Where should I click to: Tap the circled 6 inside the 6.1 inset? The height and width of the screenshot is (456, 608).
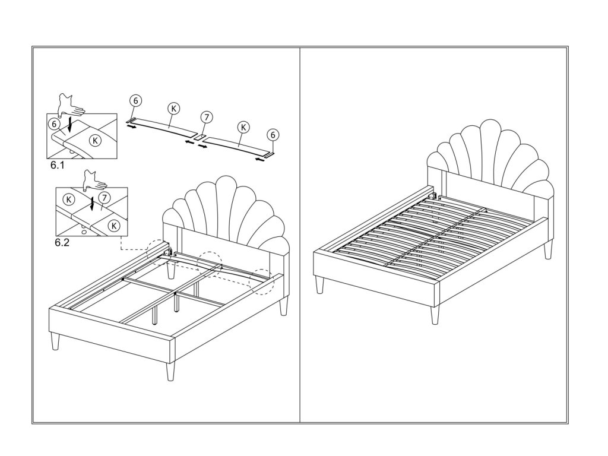click(55, 123)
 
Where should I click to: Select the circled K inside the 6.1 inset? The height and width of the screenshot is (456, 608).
click(94, 140)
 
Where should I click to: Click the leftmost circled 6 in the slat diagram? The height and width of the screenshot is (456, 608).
click(135, 102)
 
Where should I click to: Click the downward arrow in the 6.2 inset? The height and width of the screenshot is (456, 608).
click(92, 202)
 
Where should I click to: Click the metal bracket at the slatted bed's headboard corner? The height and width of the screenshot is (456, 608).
click(435, 195)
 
